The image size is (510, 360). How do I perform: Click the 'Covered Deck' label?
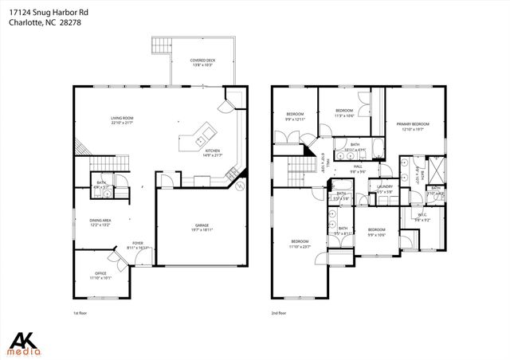point(200,62)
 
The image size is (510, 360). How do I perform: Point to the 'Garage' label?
point(201,227)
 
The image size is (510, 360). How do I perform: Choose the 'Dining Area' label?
point(100,222)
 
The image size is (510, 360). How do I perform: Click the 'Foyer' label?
point(137,245)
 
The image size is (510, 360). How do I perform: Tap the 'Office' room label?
point(100,276)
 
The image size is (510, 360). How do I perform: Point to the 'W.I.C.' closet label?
point(422,217)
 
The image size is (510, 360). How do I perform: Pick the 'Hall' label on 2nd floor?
point(358,168)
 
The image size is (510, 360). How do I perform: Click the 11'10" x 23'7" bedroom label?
point(300,244)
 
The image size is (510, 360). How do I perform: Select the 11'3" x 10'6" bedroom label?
point(344,112)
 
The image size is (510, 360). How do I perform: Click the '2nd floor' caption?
point(280,314)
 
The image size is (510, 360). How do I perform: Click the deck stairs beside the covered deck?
point(163,45)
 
